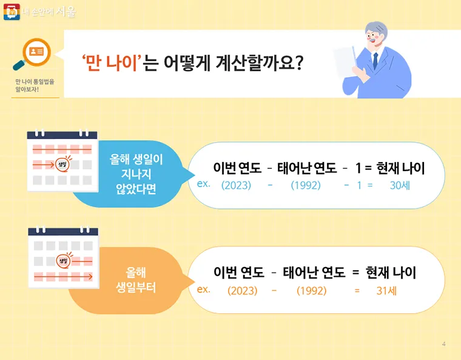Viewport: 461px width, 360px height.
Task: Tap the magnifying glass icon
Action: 33,53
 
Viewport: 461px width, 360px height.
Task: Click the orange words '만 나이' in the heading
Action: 115,63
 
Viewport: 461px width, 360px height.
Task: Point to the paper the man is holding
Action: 348,61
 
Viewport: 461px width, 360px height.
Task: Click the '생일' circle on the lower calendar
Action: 63,261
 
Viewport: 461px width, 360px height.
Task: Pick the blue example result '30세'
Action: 400,185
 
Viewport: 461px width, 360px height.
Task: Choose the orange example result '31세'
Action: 386,291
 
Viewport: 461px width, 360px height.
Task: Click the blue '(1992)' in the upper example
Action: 305,185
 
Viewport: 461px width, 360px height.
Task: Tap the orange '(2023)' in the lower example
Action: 242,291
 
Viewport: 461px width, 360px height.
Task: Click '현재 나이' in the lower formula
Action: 391,273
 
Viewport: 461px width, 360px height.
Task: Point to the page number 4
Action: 444,345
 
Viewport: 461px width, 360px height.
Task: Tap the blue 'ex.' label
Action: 204,183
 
